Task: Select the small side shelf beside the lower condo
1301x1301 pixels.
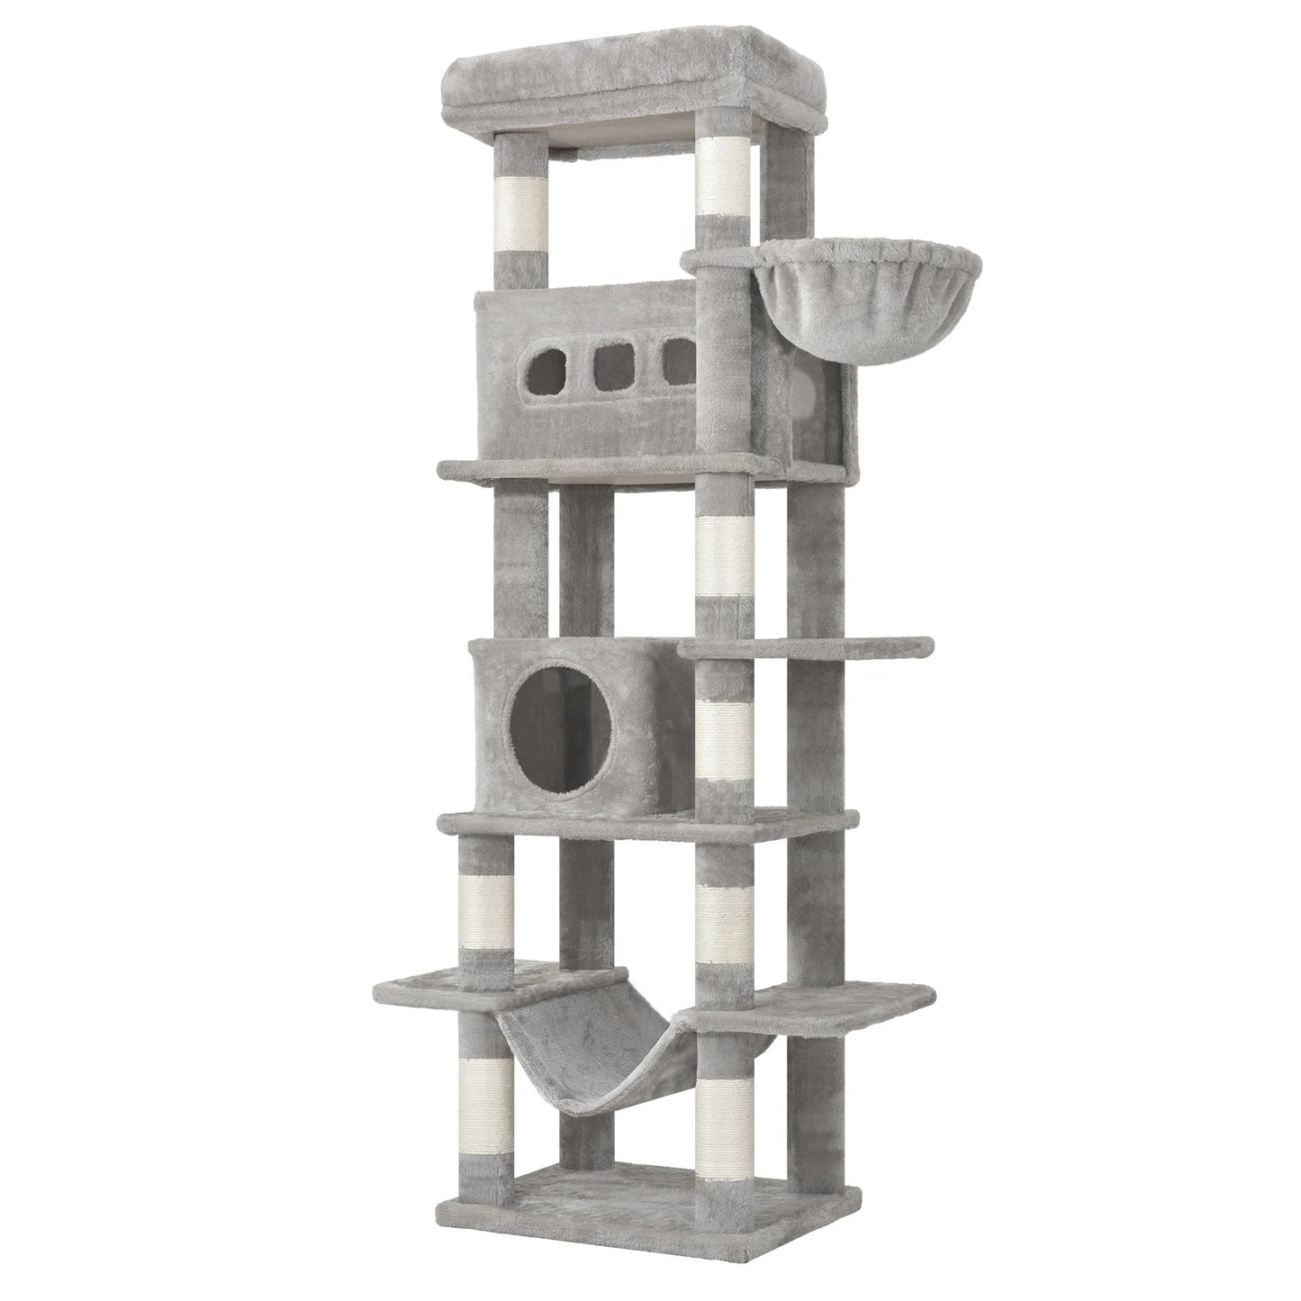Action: click(x=810, y=646)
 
